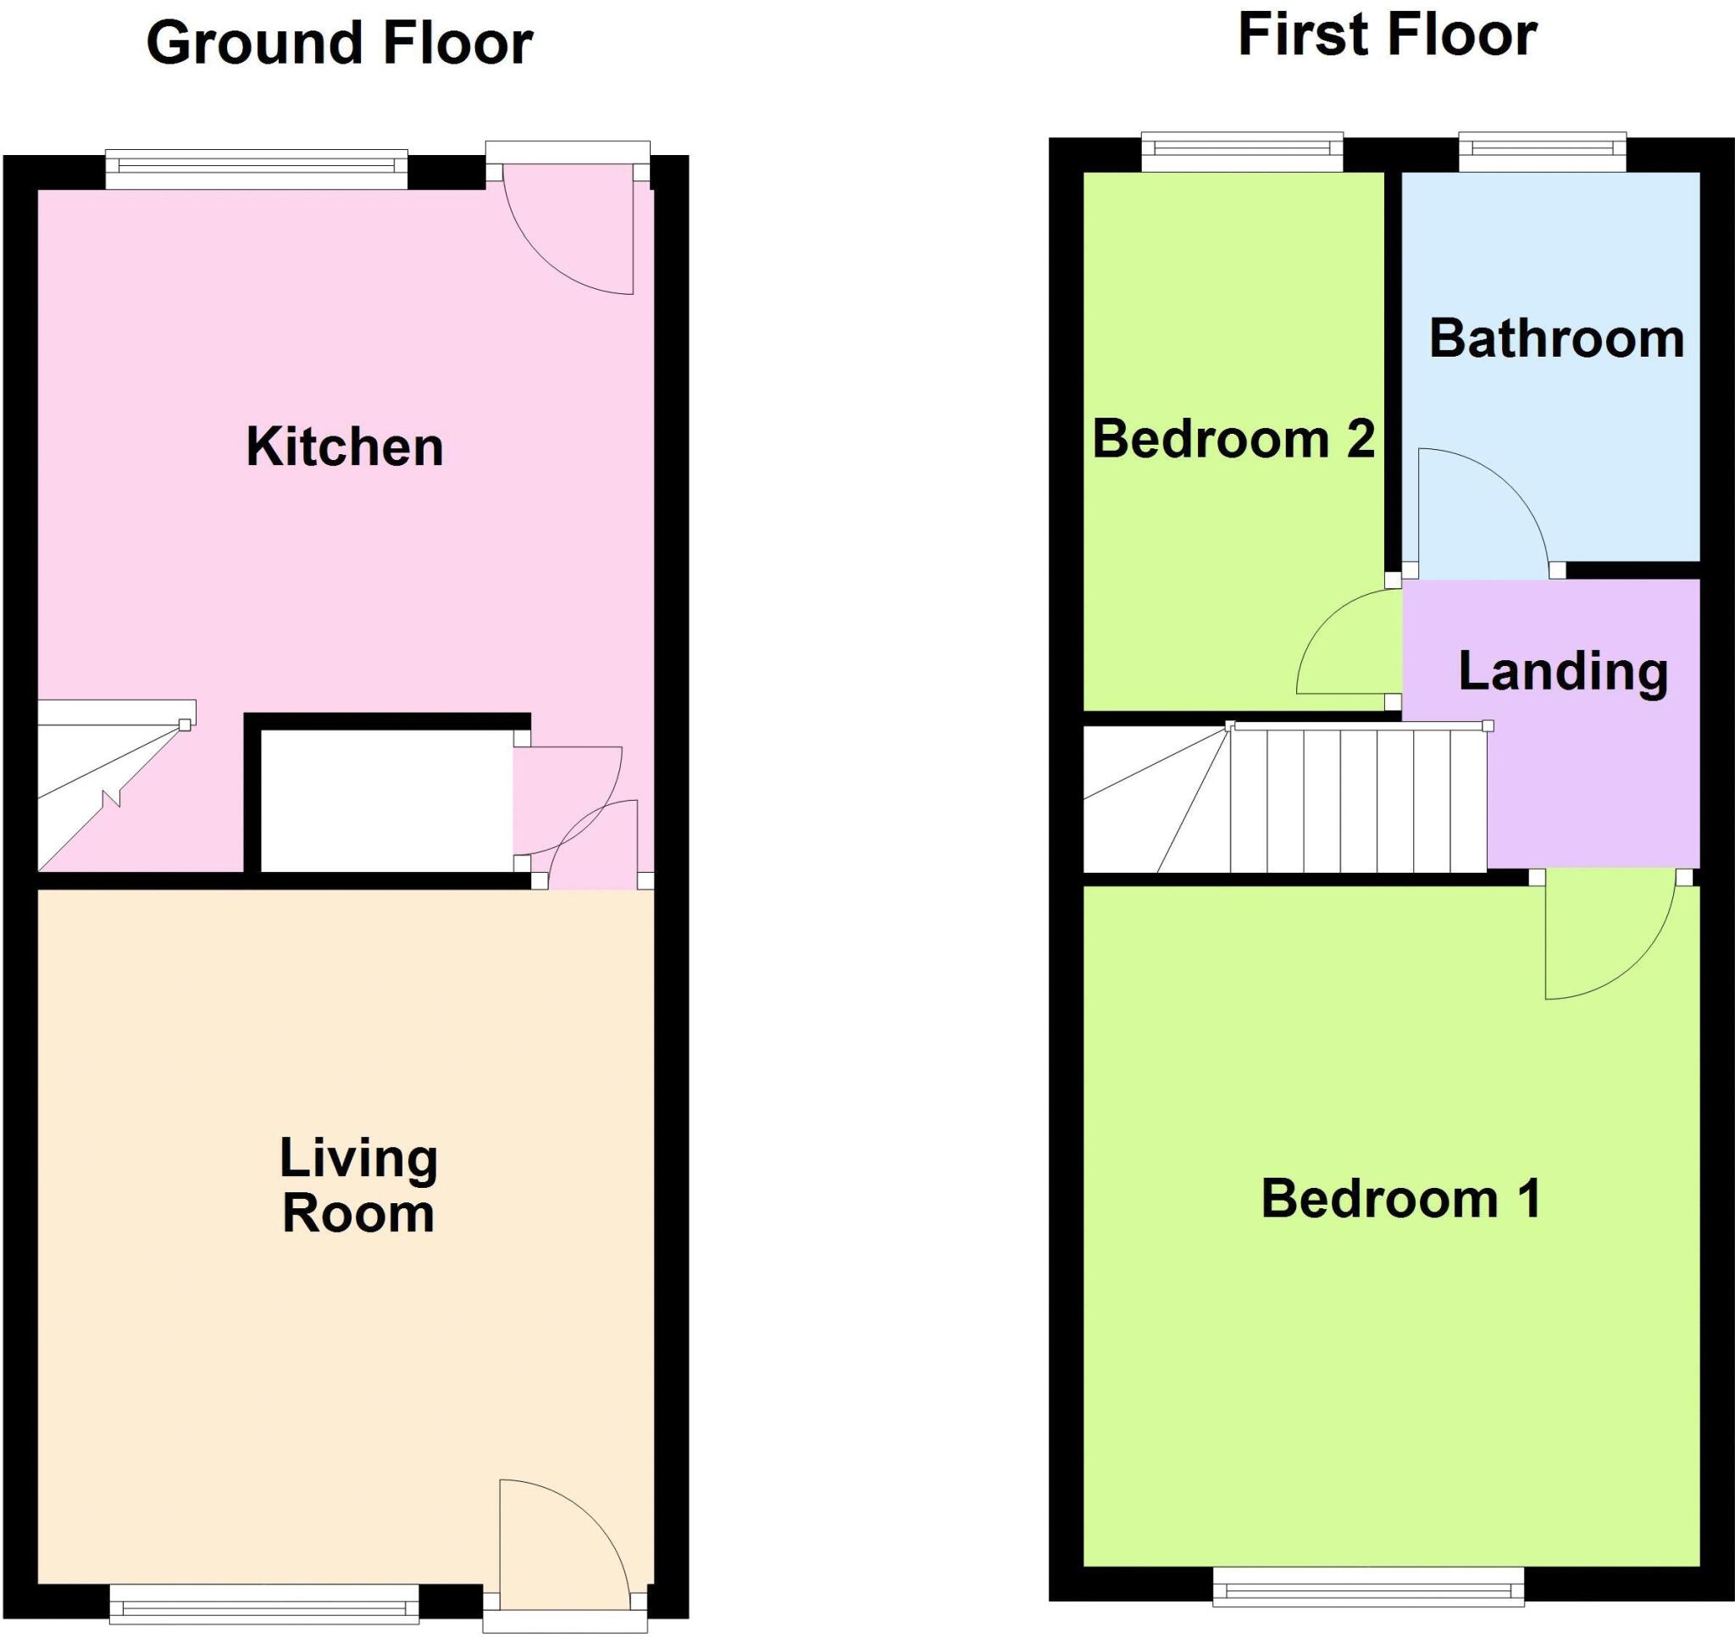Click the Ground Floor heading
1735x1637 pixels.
point(340,44)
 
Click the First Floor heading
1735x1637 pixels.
point(1387,36)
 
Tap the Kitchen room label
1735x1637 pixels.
point(345,447)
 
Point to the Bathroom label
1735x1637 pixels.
point(1556,339)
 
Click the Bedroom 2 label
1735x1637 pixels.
point(1233,438)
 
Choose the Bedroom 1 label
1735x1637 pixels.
point(1400,1199)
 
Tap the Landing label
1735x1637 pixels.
point(1563,671)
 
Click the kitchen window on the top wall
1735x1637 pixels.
point(257,169)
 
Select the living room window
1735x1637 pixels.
point(264,1603)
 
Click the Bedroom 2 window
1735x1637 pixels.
point(1242,152)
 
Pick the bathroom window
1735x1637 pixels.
point(1542,152)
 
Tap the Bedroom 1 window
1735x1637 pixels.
point(1368,1586)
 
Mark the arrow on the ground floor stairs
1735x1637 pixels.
point(112,796)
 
